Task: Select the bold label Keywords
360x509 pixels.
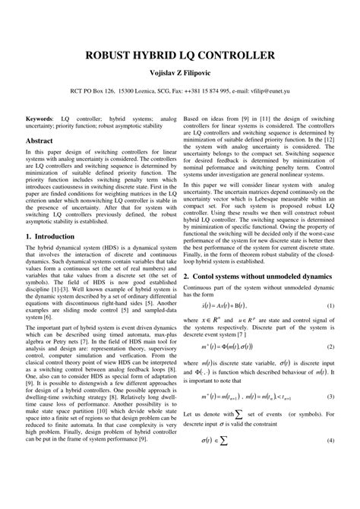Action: pos(39,119)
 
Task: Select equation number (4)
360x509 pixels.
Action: pos(330,463)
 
